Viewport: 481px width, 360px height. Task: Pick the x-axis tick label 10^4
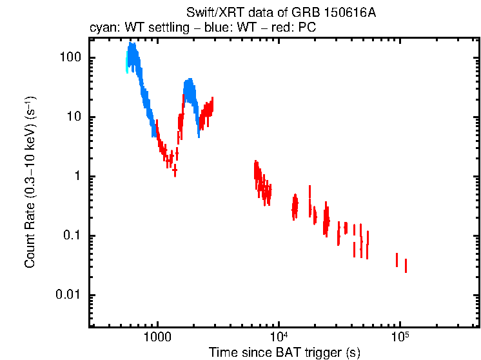pos(278,337)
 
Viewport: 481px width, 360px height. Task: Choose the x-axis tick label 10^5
pos(400,337)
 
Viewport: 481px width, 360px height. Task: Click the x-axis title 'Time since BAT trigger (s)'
pos(284,352)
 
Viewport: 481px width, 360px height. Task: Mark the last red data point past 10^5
pos(406,265)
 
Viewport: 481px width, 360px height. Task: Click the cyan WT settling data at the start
pos(127,65)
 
